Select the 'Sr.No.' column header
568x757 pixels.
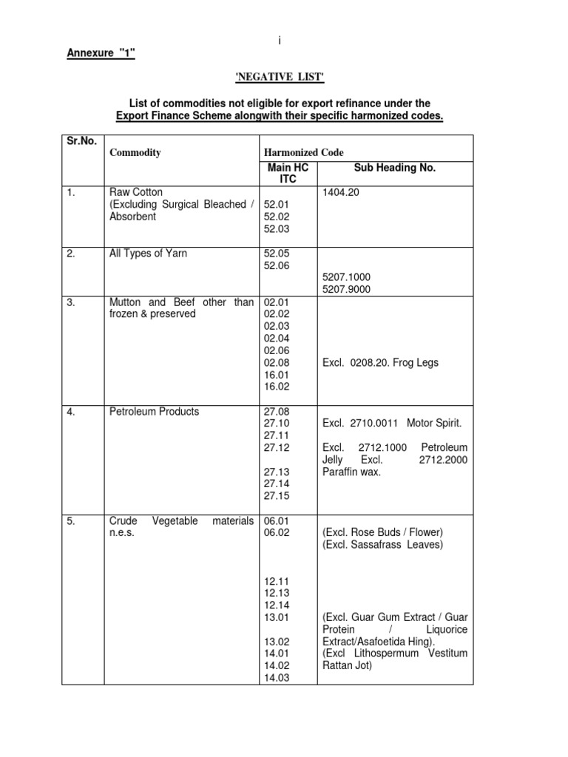coord(81,140)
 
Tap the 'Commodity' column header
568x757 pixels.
coord(135,153)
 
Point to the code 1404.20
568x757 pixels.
coord(341,192)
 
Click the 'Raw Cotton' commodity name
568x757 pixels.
coord(135,192)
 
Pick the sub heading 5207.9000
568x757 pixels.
coord(345,290)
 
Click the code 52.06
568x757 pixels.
coord(276,265)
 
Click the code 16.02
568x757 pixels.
coord(276,387)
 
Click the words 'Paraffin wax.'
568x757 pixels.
coord(351,472)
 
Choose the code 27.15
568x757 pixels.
coord(276,495)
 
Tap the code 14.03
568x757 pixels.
coord(276,678)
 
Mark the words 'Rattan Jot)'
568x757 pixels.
coord(348,665)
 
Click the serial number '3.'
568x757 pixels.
coord(71,302)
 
